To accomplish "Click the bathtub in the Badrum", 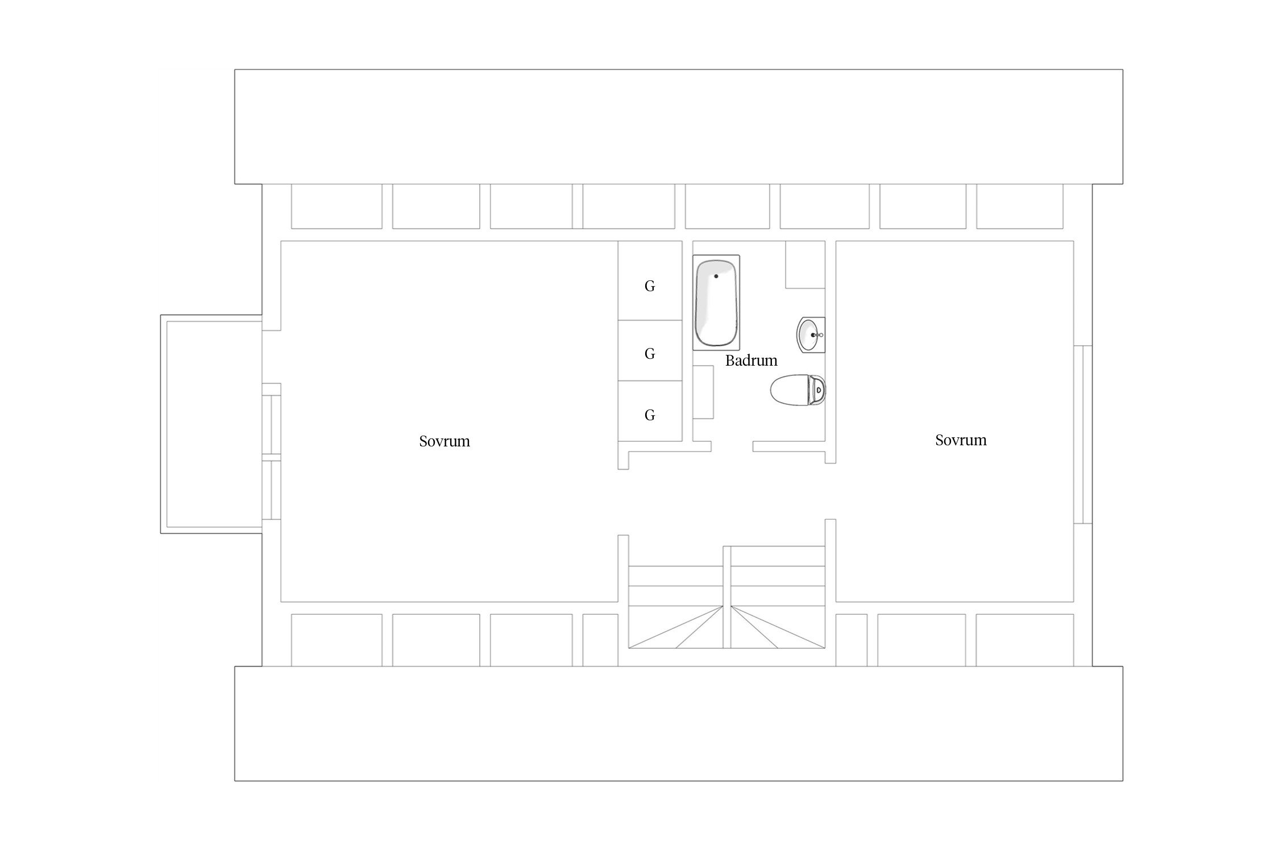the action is tap(716, 303).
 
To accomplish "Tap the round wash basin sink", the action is tap(810, 335).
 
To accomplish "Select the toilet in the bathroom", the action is tap(798, 390).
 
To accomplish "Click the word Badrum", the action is tap(751, 361).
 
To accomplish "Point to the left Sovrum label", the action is tap(445, 441).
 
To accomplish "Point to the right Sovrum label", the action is tap(961, 440).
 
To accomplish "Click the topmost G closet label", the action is tap(650, 286).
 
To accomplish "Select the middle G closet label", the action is tap(650, 354).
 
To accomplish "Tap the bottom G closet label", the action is tap(650, 415).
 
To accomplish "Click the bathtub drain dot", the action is tap(716, 276).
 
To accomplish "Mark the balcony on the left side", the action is tap(211, 424).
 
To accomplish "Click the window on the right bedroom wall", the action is tap(1083, 434).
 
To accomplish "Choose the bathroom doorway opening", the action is tap(732, 446).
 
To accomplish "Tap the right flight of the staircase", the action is tap(778, 597).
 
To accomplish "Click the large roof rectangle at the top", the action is tap(679, 127).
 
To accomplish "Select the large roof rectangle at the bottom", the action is tap(679, 724).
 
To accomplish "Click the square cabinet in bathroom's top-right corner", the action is tap(805, 264).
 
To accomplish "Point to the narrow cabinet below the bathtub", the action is tap(703, 392).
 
